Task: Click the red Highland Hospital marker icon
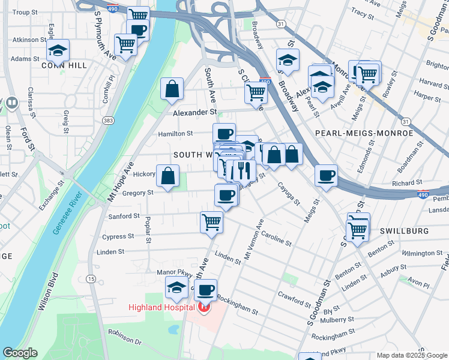203,308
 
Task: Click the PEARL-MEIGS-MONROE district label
364,133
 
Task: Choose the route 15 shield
91,278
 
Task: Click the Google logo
20,353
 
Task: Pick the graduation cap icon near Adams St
58,50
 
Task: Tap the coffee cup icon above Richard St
326,176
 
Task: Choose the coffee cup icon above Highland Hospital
205,290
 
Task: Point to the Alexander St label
194,112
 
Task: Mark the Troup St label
24,12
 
